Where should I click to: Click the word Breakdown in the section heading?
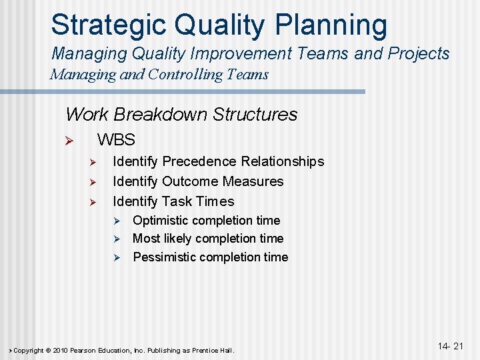click(x=159, y=114)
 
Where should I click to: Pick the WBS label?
click(x=116, y=140)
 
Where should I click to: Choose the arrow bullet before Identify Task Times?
click(x=93, y=202)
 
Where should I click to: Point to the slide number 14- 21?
click(x=451, y=345)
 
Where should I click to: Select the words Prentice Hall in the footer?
click(x=214, y=350)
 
